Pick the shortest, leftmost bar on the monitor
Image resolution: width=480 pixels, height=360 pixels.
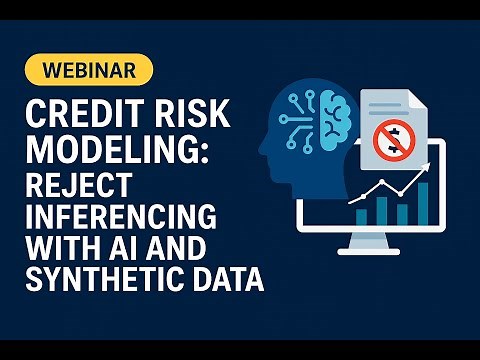point(362,217)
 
